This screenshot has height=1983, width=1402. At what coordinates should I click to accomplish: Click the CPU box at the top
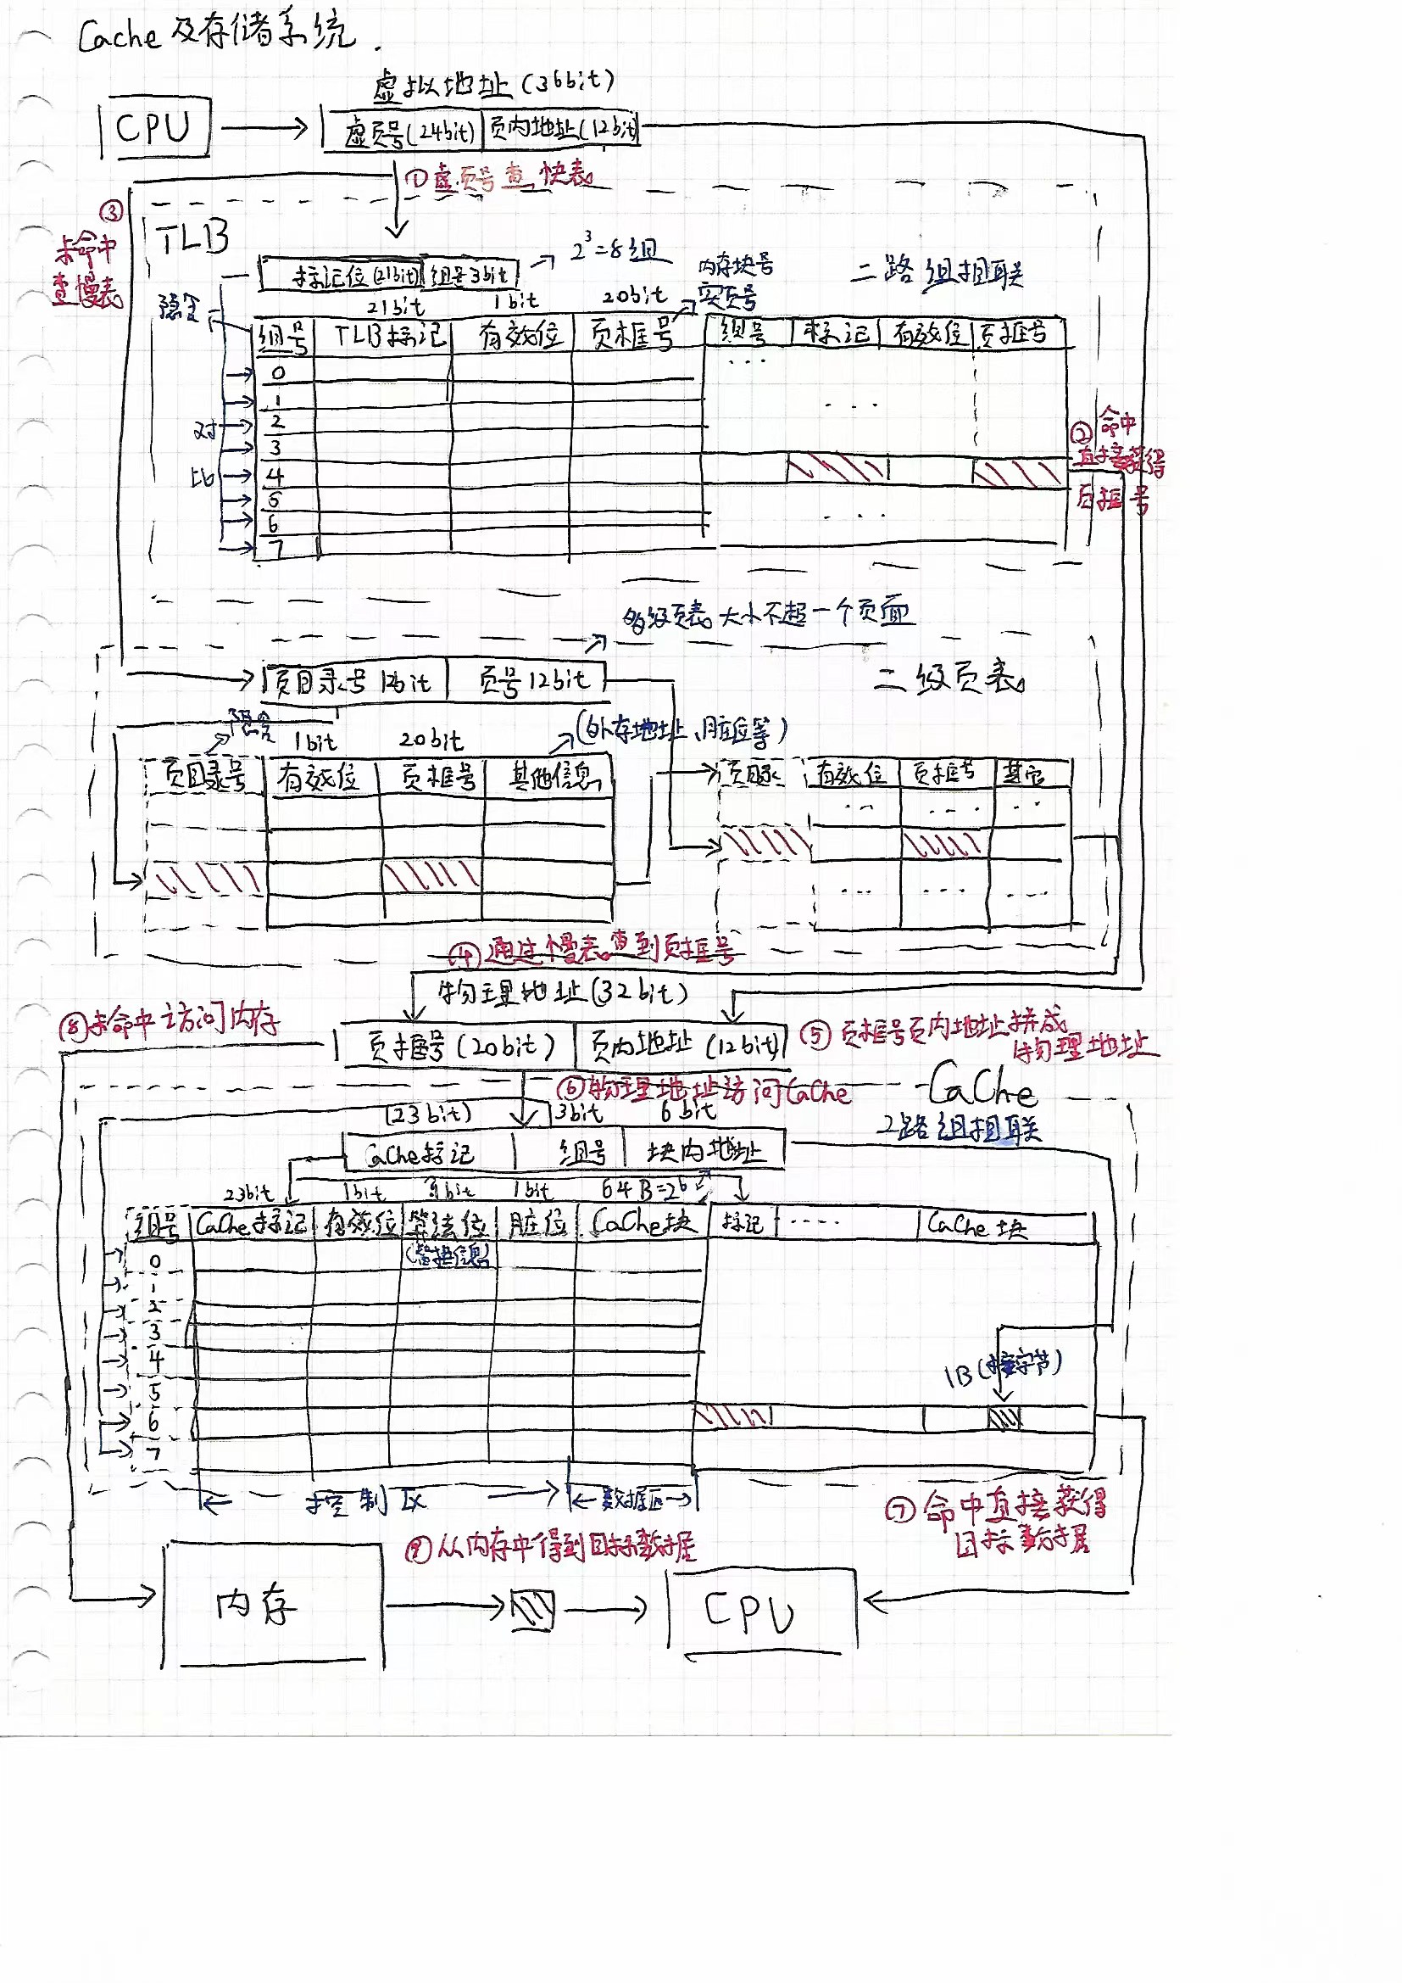pyautogui.click(x=155, y=128)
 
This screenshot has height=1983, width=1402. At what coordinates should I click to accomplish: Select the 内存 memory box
pyautogui.click(x=272, y=1605)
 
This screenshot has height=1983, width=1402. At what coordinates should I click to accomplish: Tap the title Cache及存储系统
pyautogui.click(x=216, y=35)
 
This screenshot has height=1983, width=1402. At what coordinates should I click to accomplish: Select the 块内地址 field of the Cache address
pyautogui.click(x=704, y=1151)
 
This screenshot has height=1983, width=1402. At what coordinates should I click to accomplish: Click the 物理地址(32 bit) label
pyautogui.click(x=561, y=992)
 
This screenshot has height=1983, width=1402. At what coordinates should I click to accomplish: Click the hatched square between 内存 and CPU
pyautogui.click(x=532, y=1609)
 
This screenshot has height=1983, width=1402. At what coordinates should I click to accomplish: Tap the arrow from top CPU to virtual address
pyautogui.click(x=264, y=129)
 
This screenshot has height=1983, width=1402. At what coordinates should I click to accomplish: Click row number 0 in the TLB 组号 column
pyautogui.click(x=278, y=373)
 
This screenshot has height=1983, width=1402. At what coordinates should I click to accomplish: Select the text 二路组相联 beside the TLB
pyautogui.click(x=937, y=272)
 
